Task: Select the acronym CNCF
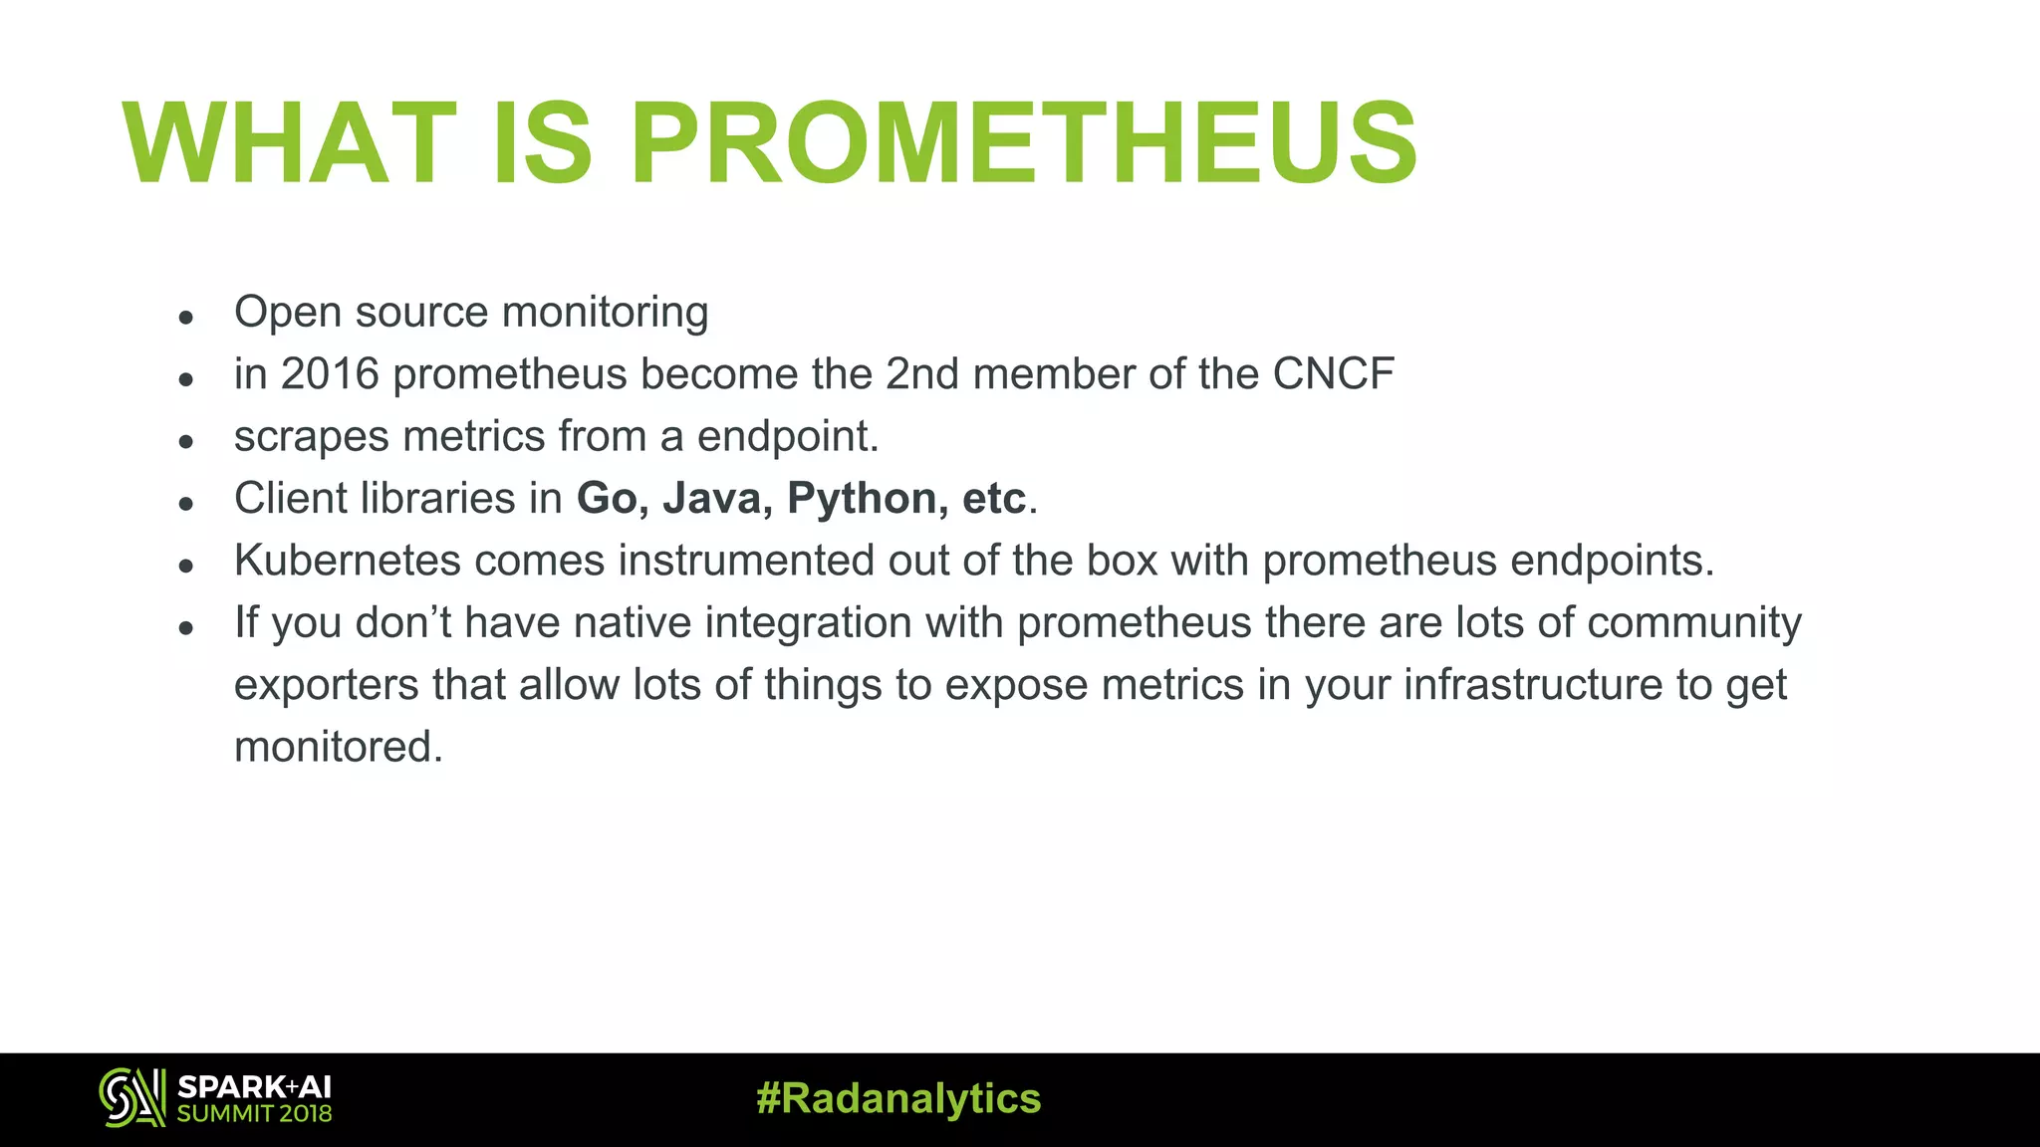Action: [x=1333, y=374]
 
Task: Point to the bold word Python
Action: [x=863, y=499]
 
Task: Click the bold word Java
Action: [x=711, y=499]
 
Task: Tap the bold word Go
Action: [x=607, y=499]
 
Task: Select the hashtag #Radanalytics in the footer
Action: [x=898, y=1099]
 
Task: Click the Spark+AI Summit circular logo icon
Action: [x=131, y=1098]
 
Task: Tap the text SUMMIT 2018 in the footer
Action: [x=255, y=1114]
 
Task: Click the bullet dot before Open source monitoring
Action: [x=185, y=318]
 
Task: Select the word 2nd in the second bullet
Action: [x=922, y=374]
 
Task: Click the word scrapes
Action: [x=312, y=437]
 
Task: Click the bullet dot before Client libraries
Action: [x=185, y=504]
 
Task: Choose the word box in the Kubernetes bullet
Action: [x=1122, y=561]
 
